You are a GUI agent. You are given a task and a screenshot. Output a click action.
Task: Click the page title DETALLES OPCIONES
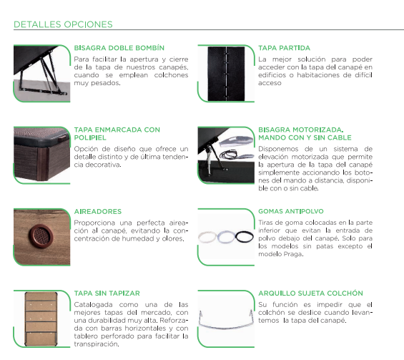pyautogui.click(x=63, y=24)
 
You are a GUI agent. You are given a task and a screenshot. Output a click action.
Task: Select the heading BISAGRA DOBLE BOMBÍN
pyautogui.click(x=119, y=48)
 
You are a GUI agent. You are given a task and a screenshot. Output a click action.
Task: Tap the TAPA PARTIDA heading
pyautogui.click(x=284, y=48)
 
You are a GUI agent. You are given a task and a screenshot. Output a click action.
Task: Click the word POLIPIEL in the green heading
pyautogui.click(x=90, y=137)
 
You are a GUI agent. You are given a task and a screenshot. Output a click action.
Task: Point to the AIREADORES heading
pyautogui.click(x=98, y=211)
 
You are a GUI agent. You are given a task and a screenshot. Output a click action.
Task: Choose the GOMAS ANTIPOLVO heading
pyautogui.click(x=291, y=211)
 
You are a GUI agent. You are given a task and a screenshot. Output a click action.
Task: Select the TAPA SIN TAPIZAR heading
pyautogui.click(x=107, y=293)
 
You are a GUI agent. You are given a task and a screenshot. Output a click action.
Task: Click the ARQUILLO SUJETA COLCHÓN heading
pyautogui.click(x=310, y=293)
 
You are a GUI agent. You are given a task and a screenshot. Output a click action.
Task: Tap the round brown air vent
pyautogui.click(x=41, y=235)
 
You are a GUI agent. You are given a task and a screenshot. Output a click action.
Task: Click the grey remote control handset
pyautogui.click(x=236, y=142)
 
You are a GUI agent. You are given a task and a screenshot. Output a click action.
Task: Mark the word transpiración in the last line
pyautogui.click(x=96, y=344)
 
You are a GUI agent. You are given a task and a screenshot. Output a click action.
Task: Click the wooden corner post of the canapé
pyautogui.click(x=42, y=163)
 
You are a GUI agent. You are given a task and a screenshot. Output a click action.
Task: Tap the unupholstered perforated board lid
pyautogui.click(x=41, y=319)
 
